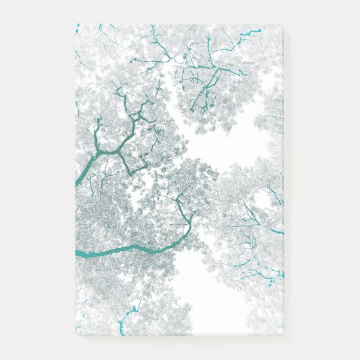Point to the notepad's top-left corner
(75, 24)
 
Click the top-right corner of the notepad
(283, 25)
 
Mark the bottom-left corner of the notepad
(75, 335)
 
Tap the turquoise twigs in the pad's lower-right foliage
(262, 272)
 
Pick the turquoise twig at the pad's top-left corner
(77, 29)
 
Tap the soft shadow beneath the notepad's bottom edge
(180, 339)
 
